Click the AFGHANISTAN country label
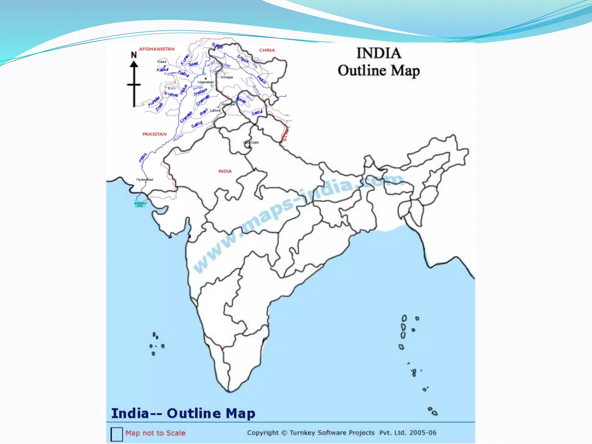tap(157, 49)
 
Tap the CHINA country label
tap(267, 50)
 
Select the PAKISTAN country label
tap(154, 134)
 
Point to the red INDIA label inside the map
tap(225, 171)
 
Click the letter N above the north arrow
tap(134, 55)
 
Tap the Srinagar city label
tap(227, 77)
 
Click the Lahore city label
tap(215, 110)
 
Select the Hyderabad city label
tap(145, 180)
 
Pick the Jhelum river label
tap(200, 92)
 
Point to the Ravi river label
tap(203, 112)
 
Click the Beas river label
tap(241, 100)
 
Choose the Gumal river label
tap(171, 94)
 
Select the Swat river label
tap(193, 64)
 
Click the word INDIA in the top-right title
tap(379, 53)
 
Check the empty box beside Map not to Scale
tap(116, 434)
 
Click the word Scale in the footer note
tap(176, 433)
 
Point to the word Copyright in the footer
tap(263, 433)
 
